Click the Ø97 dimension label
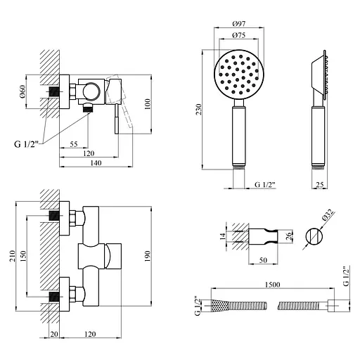click(x=239, y=24)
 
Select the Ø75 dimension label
click(x=239, y=35)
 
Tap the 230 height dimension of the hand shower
click(x=198, y=110)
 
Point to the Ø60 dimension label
click(x=22, y=92)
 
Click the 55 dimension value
click(x=74, y=144)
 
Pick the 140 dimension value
click(x=96, y=162)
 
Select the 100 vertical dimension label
click(x=148, y=104)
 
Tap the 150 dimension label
click(x=23, y=257)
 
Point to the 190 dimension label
click(x=148, y=257)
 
